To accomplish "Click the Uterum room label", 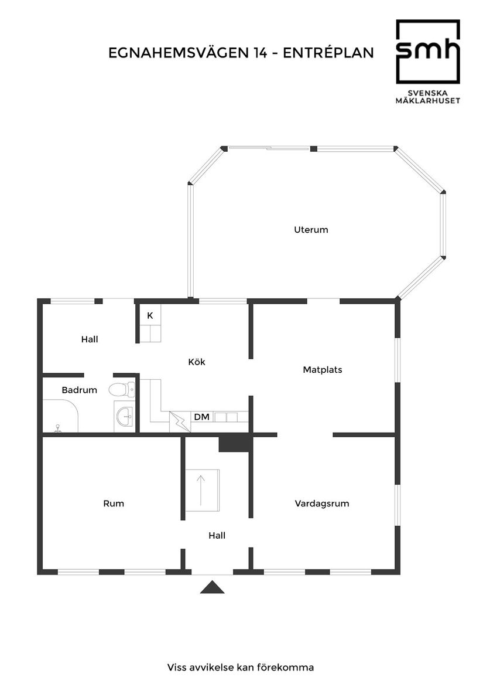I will click(x=311, y=230).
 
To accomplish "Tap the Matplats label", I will click(x=322, y=370).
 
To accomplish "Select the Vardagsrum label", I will click(x=322, y=503).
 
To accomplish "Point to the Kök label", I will click(x=197, y=362).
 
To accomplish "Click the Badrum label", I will click(x=79, y=390).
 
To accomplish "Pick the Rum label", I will click(x=114, y=503).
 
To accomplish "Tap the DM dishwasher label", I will click(x=202, y=417).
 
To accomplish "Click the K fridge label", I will click(x=150, y=316).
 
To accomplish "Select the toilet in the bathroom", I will click(x=123, y=389).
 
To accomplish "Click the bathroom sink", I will click(x=125, y=417).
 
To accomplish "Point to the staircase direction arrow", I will click(x=201, y=490).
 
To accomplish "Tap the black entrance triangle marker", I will click(x=212, y=587).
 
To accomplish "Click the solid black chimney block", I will click(x=234, y=443).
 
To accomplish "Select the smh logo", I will click(x=428, y=52).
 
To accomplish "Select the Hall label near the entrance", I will click(x=217, y=535).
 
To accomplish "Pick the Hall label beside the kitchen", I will click(x=90, y=339).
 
